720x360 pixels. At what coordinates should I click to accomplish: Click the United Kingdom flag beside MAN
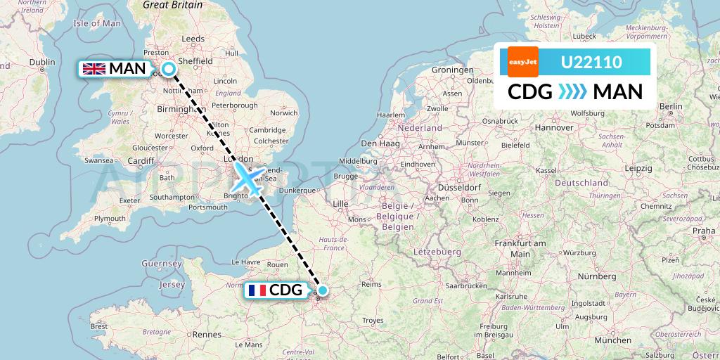(94, 69)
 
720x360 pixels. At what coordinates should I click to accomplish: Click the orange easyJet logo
(522, 62)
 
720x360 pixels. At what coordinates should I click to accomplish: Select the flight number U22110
(591, 63)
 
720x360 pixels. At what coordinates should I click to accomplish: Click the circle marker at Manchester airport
(169, 68)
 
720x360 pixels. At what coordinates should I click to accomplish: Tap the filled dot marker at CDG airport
(322, 290)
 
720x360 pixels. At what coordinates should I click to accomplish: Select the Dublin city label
(41, 62)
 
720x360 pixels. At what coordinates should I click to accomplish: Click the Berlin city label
(671, 106)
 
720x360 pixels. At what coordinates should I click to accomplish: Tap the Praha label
(703, 230)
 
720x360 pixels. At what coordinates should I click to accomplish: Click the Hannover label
(554, 127)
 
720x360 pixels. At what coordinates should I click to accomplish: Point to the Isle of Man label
(98, 23)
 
